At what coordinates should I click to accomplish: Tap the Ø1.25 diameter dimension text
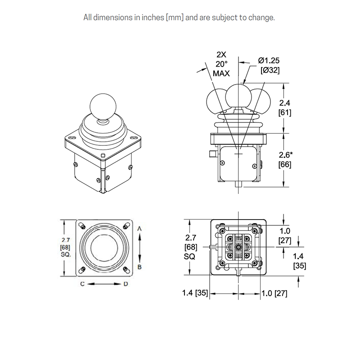(x=270, y=60)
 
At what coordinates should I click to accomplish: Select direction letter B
(x=139, y=266)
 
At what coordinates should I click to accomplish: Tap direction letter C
(x=83, y=284)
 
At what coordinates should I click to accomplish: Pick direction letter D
(x=126, y=284)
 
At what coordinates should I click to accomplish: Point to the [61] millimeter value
(x=285, y=112)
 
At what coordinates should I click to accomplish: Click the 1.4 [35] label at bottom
(x=195, y=293)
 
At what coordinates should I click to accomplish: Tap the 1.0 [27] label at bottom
(x=274, y=293)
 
